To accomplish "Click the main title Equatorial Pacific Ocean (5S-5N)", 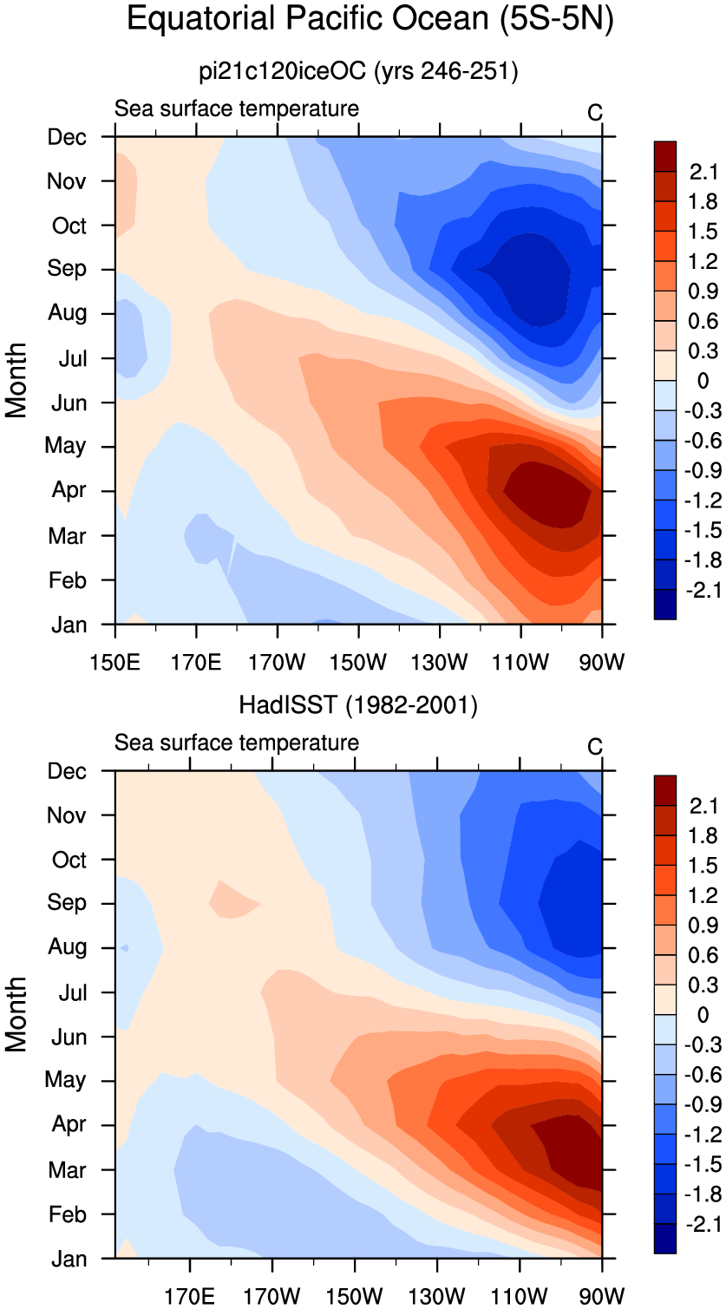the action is (x=370, y=19).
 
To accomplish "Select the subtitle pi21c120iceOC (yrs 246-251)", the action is (x=358, y=71).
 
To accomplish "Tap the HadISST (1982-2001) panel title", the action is (x=358, y=704).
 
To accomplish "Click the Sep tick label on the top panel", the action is (x=67, y=269).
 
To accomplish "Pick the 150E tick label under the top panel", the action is (x=114, y=662).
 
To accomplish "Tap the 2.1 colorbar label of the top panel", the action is (x=703, y=172).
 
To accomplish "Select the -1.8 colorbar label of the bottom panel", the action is (x=703, y=1194).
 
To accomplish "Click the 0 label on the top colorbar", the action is (x=703, y=381).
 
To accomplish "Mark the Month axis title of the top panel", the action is (x=16, y=380).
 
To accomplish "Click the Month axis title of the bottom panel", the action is (x=16, y=1014).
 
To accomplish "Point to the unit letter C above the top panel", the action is (x=594, y=112).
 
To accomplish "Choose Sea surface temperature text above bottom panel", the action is (x=236, y=743).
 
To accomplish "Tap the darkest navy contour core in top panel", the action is (x=529, y=278).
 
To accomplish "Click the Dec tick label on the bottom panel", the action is (x=67, y=771).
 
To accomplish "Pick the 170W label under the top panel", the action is (x=277, y=662).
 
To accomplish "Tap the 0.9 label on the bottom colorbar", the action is (x=703, y=926).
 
